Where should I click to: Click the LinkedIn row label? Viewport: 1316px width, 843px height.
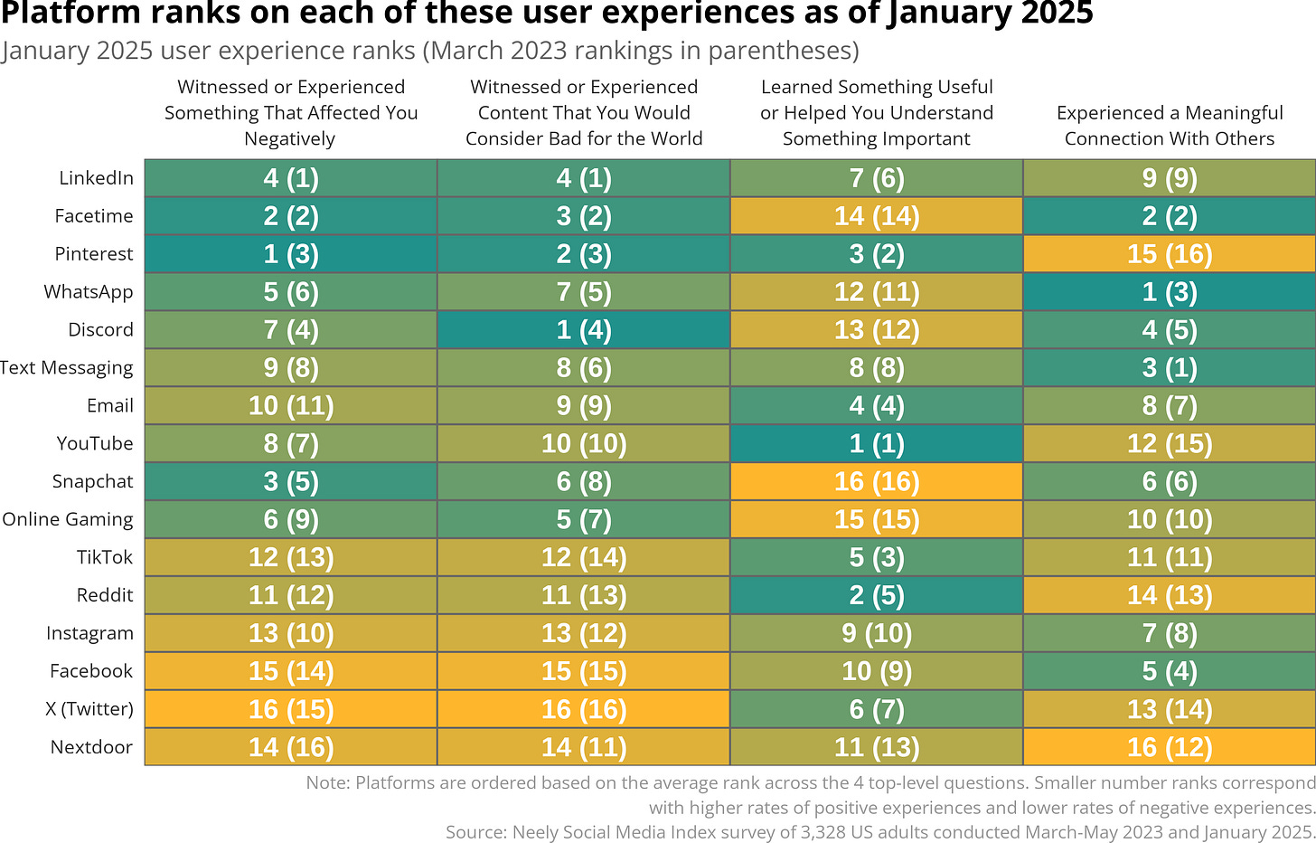click(x=96, y=178)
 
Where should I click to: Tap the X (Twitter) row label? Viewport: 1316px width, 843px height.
click(x=89, y=709)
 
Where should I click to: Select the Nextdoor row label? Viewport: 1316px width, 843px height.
click(x=91, y=747)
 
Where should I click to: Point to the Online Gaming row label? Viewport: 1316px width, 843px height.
click(x=68, y=519)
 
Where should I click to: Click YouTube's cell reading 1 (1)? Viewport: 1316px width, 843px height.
click(x=876, y=444)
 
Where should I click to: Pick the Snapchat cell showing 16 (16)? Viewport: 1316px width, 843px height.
click(x=876, y=482)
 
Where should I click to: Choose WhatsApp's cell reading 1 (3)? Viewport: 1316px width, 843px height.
click(x=1169, y=292)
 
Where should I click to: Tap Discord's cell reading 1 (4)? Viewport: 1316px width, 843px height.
click(x=583, y=330)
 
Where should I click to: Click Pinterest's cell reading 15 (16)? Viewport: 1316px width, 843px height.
click(x=1169, y=254)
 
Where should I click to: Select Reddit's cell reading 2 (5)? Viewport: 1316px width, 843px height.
click(x=876, y=596)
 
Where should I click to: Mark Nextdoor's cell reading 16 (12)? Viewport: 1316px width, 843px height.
click(x=1169, y=748)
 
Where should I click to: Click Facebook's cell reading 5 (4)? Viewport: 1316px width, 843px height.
click(x=1169, y=672)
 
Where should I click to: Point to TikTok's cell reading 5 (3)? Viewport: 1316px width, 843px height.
click(x=876, y=558)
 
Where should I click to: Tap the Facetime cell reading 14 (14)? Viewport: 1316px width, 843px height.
click(x=876, y=216)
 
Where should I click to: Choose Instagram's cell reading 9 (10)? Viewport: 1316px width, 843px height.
click(x=876, y=634)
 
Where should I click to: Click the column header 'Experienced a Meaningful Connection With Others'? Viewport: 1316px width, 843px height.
click(x=1169, y=126)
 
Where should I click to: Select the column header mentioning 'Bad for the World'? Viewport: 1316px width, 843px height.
click(x=583, y=113)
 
